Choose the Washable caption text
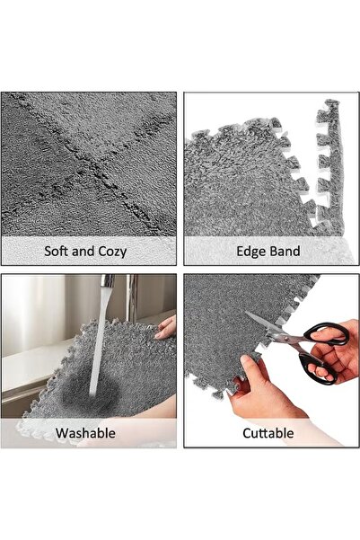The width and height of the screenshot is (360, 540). pos(85,432)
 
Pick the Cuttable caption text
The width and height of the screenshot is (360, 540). pos(268,432)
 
